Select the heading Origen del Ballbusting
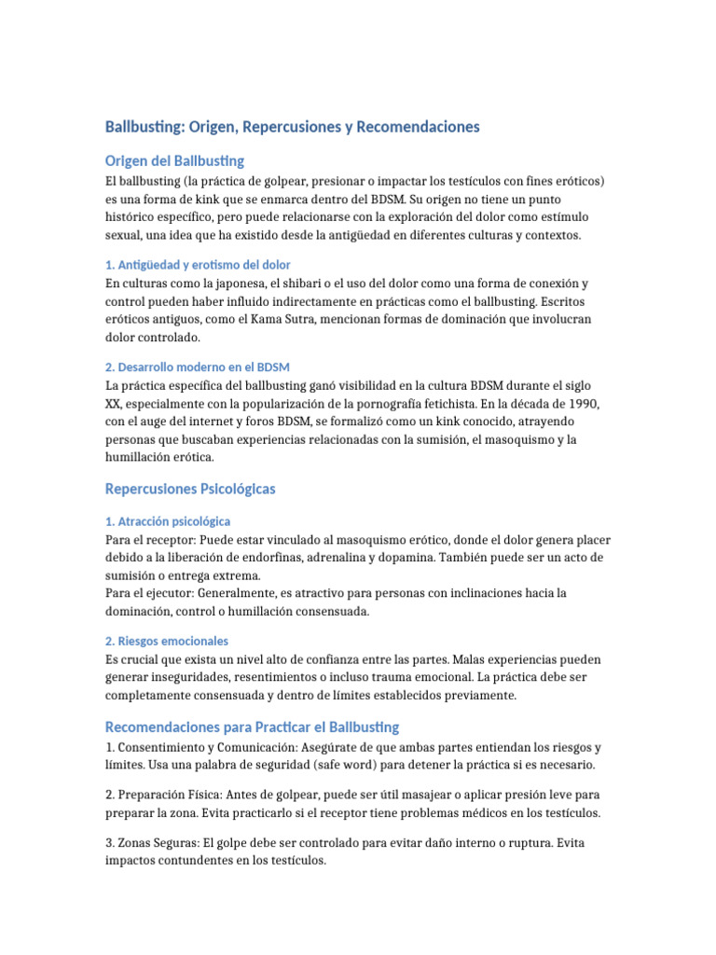pos(175,160)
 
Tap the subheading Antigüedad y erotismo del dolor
pos(204,265)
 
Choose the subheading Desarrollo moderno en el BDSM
pos(204,367)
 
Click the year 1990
pos(579,402)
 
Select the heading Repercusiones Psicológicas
pos(190,489)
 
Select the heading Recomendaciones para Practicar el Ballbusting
pos(252,727)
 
